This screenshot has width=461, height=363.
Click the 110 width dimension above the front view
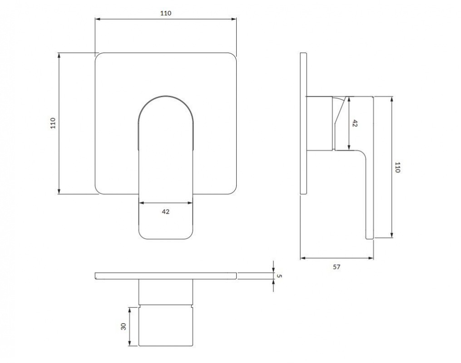166,13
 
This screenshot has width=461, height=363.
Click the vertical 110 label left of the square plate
53,123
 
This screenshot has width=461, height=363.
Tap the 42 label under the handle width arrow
165,211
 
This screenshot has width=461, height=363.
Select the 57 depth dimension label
337,267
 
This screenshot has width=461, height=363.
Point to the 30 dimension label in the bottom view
124,326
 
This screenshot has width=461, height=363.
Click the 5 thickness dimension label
279,276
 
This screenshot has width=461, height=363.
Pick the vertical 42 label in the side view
355,123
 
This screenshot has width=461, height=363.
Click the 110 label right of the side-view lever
397,167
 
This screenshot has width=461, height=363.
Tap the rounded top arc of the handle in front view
166,96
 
